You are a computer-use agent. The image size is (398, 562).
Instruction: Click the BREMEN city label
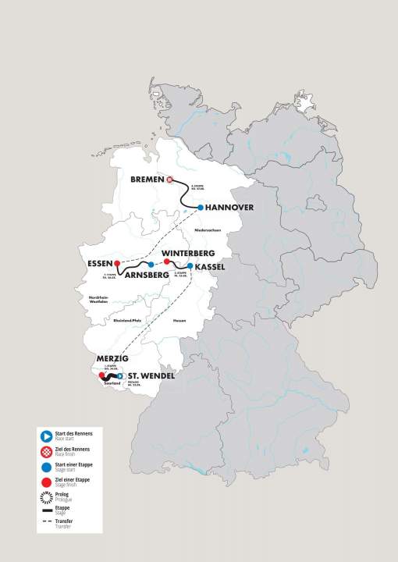147,179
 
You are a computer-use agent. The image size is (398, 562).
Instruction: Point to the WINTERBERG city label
189,254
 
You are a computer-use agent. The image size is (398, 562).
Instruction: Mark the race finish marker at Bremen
170,179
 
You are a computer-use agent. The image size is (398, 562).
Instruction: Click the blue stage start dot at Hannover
201,207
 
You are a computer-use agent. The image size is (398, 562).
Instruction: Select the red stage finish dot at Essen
117,263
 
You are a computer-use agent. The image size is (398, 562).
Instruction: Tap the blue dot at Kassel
190,265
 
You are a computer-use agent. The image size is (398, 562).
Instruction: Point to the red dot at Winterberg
166,262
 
